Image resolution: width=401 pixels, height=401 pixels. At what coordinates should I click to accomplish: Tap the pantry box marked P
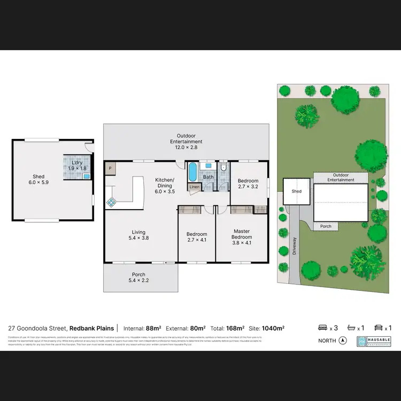pos(110,168)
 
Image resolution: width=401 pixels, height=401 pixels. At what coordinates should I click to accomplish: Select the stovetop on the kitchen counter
pos(112,202)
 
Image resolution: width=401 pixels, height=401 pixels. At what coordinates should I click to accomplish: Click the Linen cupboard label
pos(193,187)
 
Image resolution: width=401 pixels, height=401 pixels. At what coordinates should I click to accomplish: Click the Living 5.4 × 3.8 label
pos(138,235)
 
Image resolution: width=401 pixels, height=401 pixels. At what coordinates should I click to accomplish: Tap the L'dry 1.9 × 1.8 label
pos(77,166)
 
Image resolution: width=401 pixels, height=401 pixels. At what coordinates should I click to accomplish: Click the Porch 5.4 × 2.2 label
pos(138,277)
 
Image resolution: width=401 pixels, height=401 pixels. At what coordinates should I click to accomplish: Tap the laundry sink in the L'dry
pos(86,176)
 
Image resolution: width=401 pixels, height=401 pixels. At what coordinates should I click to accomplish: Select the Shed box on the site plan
pos(296,191)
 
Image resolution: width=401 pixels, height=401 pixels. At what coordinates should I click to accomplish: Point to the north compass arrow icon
pos(343,341)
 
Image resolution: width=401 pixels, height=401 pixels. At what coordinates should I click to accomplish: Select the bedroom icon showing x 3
pos(322,328)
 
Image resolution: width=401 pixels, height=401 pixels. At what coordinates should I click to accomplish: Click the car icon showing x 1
pos(379,328)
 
